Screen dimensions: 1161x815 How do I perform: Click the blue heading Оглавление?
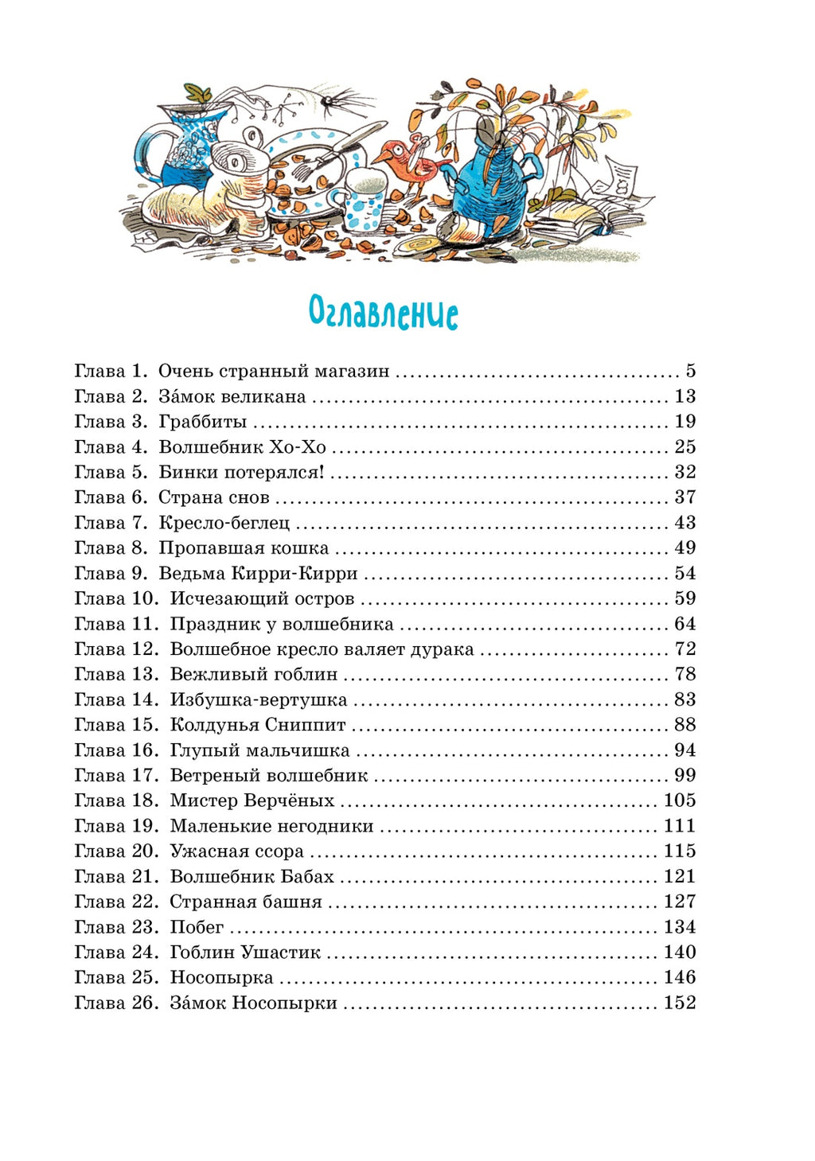(x=383, y=313)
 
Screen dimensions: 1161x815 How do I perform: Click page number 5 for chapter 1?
(x=690, y=371)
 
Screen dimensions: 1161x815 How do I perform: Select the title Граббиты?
(x=203, y=422)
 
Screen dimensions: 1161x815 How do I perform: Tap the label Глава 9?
(x=111, y=573)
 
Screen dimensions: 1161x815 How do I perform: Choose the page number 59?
(x=684, y=598)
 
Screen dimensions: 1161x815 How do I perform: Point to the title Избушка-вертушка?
(x=259, y=700)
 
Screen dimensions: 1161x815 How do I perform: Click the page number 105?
(x=680, y=801)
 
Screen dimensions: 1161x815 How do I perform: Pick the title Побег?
(x=197, y=927)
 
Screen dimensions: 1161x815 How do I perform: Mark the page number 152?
(x=680, y=1003)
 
